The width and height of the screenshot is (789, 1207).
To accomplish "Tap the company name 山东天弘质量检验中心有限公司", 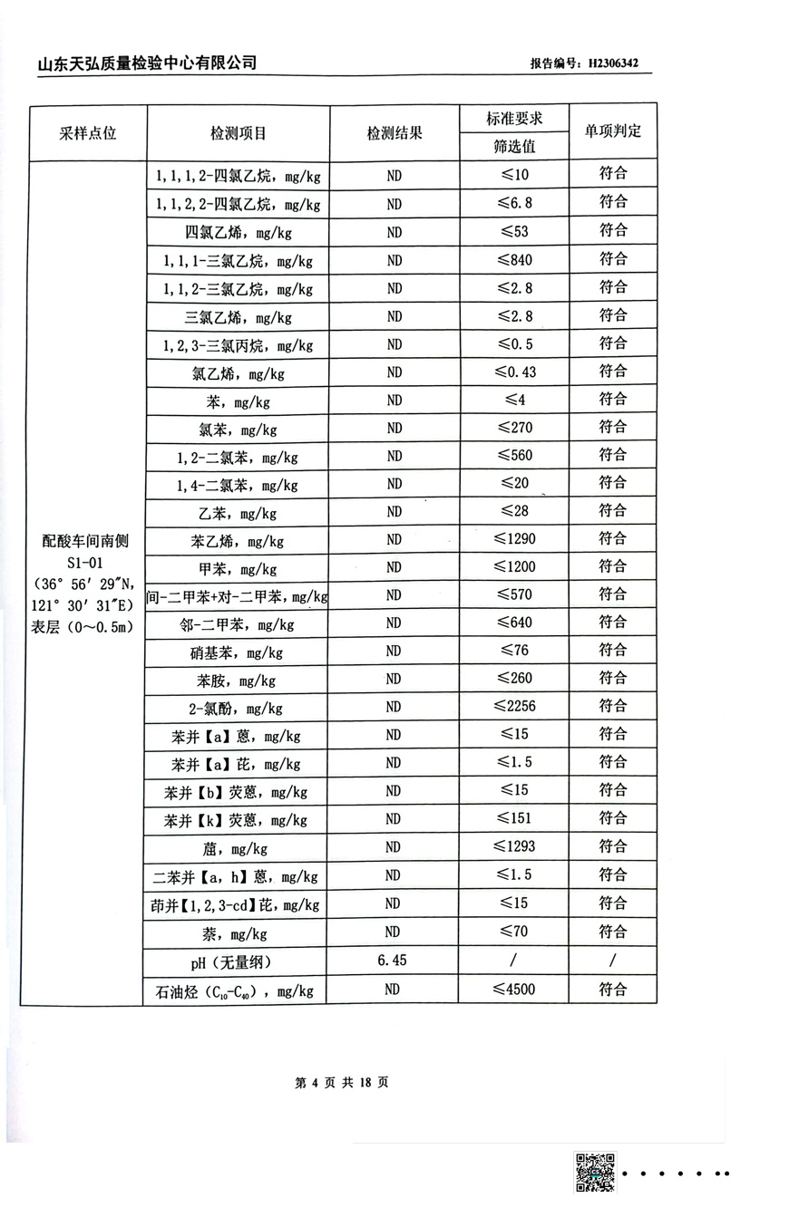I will click(147, 63).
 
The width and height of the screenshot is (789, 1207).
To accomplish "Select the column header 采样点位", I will click(88, 132).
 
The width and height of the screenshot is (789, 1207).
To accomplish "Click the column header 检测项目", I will click(238, 132).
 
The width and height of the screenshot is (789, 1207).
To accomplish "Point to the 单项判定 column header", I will click(613, 130).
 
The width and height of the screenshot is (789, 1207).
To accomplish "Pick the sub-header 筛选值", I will click(514, 146).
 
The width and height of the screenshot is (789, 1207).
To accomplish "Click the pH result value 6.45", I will click(393, 960).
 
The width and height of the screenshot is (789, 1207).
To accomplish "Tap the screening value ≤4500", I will click(514, 989).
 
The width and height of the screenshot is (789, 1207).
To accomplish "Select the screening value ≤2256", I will click(514, 706).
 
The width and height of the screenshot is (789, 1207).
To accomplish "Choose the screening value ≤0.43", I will click(514, 372).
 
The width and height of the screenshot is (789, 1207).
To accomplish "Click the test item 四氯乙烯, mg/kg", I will click(238, 232).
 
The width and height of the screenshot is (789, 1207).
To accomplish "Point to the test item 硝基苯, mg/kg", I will click(238, 652).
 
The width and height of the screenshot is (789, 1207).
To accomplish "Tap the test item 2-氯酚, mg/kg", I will click(238, 708).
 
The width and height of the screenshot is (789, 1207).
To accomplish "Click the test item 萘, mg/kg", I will click(238, 933).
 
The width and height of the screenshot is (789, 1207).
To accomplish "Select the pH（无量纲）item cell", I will click(238, 961).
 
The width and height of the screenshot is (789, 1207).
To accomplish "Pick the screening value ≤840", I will click(514, 260).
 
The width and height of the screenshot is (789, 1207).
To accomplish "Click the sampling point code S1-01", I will click(87, 563).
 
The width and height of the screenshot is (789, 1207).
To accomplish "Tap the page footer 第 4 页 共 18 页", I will click(342, 1082).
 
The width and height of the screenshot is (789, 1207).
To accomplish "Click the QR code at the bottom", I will click(595, 1172).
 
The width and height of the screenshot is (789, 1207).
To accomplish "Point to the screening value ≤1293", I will click(514, 846).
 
